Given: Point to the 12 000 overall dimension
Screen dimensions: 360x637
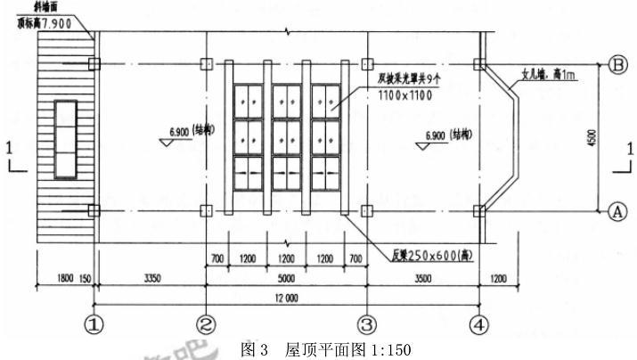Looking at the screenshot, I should click(286, 298).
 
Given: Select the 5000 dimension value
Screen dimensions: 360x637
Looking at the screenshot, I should click(286, 278).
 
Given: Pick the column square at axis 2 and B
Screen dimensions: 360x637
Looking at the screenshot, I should click(207, 64).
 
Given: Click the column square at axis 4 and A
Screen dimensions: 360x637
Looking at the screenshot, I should click(481, 211).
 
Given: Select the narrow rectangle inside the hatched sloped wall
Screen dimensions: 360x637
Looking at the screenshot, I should click(66, 139).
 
